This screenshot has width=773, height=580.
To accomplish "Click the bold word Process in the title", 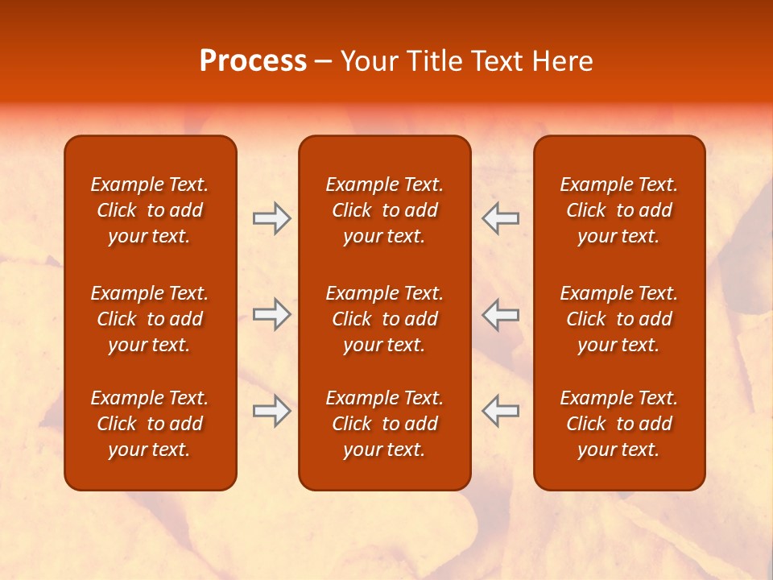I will pyautogui.click(x=253, y=61).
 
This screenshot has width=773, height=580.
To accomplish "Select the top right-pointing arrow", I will pyautogui.click(x=271, y=218).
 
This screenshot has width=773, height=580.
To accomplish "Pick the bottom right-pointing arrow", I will pyautogui.click(x=271, y=411).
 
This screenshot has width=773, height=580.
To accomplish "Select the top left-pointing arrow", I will pyautogui.click(x=501, y=218).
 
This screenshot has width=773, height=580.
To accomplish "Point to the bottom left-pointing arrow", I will pyautogui.click(x=501, y=411).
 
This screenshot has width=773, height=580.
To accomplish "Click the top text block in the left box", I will pyautogui.click(x=150, y=210).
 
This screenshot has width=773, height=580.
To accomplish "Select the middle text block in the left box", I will pyautogui.click(x=150, y=319).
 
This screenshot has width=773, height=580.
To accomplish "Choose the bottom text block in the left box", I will pyautogui.click(x=150, y=424).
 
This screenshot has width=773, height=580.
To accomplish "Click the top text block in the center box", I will pyautogui.click(x=384, y=210).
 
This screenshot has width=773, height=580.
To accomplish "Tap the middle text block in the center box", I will pyautogui.click(x=384, y=319).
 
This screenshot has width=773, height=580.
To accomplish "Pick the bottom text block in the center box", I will pyautogui.click(x=384, y=424).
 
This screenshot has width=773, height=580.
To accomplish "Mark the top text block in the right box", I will pyautogui.click(x=618, y=210).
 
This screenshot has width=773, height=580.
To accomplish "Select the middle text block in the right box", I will pyautogui.click(x=618, y=319).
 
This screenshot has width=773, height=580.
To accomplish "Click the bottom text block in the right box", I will pyautogui.click(x=618, y=424).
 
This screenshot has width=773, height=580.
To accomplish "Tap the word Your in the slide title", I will pyautogui.click(x=366, y=61).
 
